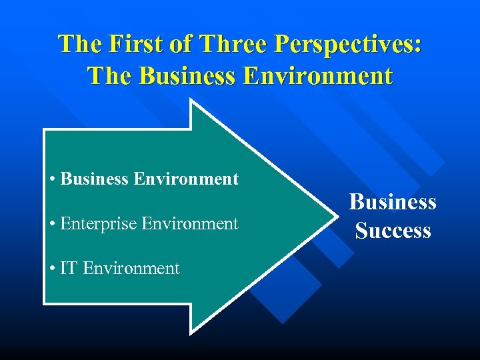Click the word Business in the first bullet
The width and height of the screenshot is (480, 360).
tap(95, 179)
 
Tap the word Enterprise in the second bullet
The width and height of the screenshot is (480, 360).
tap(98, 223)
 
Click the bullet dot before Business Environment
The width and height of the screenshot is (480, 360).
tap(52, 179)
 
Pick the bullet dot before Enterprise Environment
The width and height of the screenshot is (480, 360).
tap(52, 224)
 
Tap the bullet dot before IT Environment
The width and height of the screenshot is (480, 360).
tap(52, 269)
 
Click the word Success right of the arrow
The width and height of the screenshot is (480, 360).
tap(393, 231)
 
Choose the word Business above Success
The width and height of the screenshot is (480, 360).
tap(393, 201)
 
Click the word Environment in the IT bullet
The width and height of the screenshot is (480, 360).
tap(131, 268)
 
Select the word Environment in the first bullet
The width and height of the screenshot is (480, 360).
tap(186, 179)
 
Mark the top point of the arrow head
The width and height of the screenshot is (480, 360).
tap(192, 101)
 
